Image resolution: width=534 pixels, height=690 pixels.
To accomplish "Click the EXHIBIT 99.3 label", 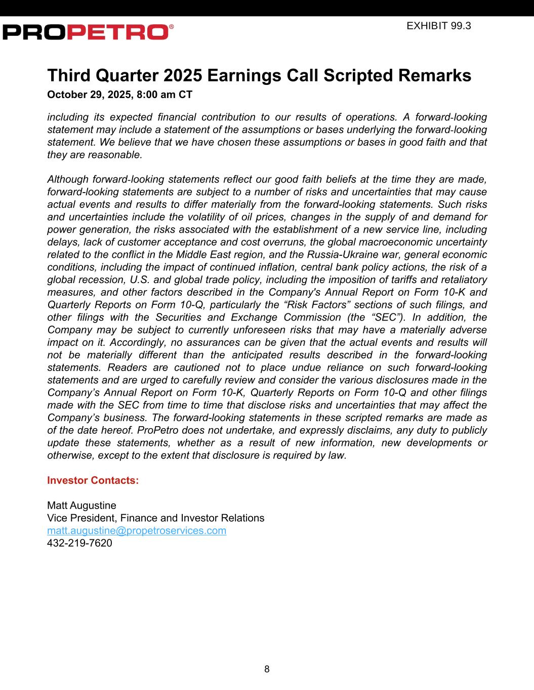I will click(x=438, y=26).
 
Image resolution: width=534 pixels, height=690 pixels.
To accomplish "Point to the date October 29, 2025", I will click(x=90, y=95).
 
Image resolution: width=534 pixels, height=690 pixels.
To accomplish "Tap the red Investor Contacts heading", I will click(x=93, y=480).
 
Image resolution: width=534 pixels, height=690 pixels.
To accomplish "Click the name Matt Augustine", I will click(x=81, y=505).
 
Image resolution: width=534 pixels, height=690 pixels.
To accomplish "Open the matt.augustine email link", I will click(x=137, y=531).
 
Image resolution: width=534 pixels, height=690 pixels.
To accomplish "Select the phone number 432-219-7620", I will click(x=79, y=543).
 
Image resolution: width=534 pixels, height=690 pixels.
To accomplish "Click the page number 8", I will click(x=267, y=669).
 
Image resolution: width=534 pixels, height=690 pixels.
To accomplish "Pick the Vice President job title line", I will click(x=155, y=518).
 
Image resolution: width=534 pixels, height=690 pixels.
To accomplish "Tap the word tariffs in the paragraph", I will click(x=390, y=280).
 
